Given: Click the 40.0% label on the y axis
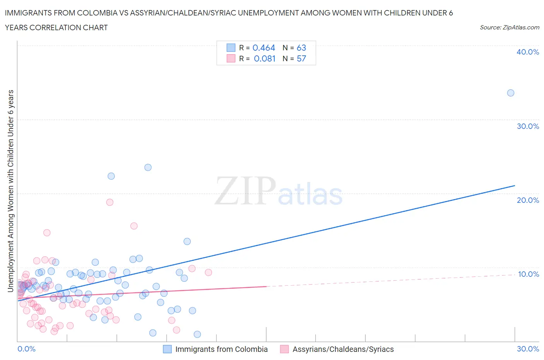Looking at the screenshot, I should coord(527,52).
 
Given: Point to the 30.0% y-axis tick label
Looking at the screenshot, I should coord(527,126).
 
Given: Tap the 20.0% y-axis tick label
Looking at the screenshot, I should coord(527,200).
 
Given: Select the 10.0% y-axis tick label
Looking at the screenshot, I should coord(528,274).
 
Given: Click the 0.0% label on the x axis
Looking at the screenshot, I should coord(26,349).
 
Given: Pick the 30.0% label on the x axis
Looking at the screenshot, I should coord(528,349).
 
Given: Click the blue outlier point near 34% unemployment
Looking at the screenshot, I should coord(510,93).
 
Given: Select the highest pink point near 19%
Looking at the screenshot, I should coord(109,202).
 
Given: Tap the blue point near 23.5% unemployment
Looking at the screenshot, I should coord(148,168).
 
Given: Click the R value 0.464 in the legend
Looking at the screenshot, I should coord(263,48).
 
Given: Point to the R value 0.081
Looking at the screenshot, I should coord(264,58).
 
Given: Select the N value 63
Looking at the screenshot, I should coord(301,48).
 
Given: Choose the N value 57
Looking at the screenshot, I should coord(301,58).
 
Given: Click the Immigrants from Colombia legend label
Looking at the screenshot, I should coord(221,349).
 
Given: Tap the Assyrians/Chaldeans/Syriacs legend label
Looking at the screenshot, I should coord(343,349).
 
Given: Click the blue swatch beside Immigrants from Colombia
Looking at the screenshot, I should coord(167,349).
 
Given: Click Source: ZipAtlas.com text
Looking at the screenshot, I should coord(509,27).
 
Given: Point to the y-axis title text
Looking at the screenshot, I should coord(11,191).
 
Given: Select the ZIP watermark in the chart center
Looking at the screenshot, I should coord(245,191).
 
